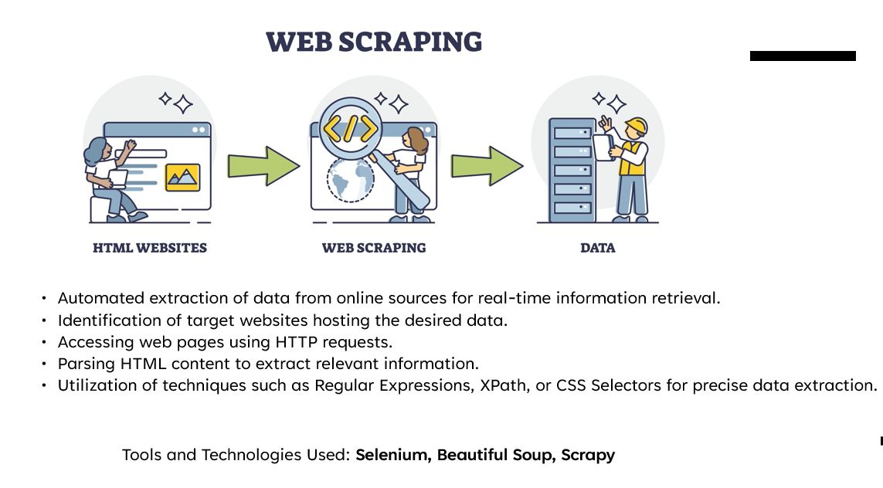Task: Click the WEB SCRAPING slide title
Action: pyautogui.click(x=374, y=42)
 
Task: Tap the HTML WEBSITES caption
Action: pyautogui.click(x=150, y=249)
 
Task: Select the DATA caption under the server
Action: pyautogui.click(x=598, y=249)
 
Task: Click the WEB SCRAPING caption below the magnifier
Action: pyautogui.click(x=374, y=249)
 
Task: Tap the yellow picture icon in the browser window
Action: pyautogui.click(x=183, y=178)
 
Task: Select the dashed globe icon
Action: pyautogui.click(x=350, y=179)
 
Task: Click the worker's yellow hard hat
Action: pyautogui.click(x=636, y=125)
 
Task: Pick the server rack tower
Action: pyautogui.click(x=572, y=170)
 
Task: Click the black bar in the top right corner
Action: pyautogui.click(x=803, y=56)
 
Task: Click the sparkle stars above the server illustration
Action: pyautogui.click(x=610, y=102)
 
